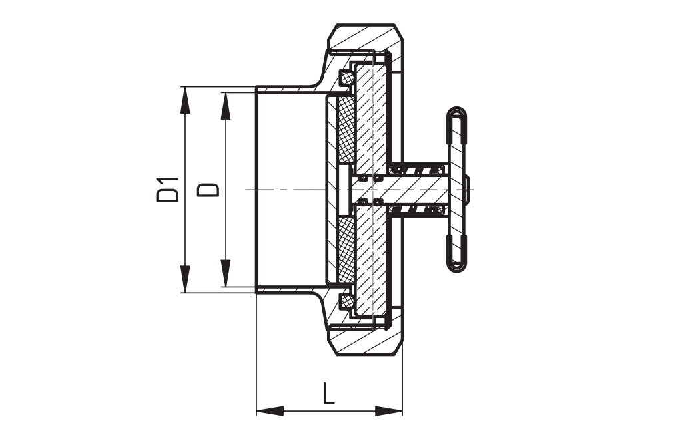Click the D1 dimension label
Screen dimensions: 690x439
click(x=168, y=190)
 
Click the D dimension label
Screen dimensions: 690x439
click(x=208, y=190)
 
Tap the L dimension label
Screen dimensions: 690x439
click(x=328, y=394)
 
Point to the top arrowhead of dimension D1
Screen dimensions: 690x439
click(x=185, y=100)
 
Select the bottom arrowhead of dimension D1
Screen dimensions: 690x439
click(x=185, y=279)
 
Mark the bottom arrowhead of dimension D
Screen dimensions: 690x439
click(x=225, y=273)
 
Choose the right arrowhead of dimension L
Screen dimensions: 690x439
click(x=388, y=411)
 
